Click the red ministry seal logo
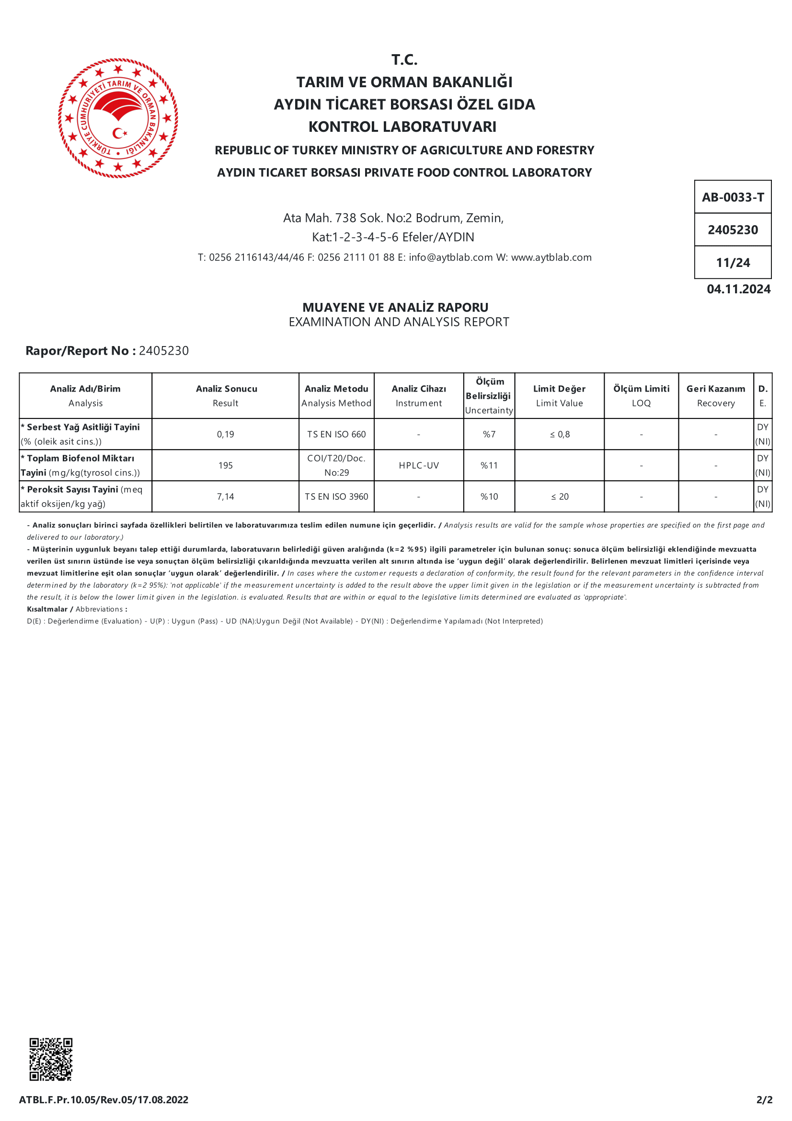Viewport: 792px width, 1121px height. point(118,118)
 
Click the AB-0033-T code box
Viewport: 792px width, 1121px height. point(733,197)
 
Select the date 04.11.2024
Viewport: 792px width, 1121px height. point(738,289)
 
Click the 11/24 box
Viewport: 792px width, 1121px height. point(733,263)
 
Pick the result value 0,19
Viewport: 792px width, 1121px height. point(226,435)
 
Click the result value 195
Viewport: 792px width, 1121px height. point(226,466)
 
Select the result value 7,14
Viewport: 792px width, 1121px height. point(226,497)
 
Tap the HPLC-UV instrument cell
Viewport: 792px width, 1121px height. point(419,466)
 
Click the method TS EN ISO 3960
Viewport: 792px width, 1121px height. point(336,497)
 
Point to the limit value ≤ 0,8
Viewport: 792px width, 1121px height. point(560,435)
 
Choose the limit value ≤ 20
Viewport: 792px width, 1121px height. point(560,497)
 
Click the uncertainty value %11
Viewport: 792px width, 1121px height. point(489,466)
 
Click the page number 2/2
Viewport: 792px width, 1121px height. point(764,1099)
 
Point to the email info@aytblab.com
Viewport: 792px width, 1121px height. point(450,257)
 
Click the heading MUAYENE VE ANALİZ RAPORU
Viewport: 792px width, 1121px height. point(395,308)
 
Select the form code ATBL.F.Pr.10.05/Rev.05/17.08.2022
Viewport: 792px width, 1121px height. point(103,1099)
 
